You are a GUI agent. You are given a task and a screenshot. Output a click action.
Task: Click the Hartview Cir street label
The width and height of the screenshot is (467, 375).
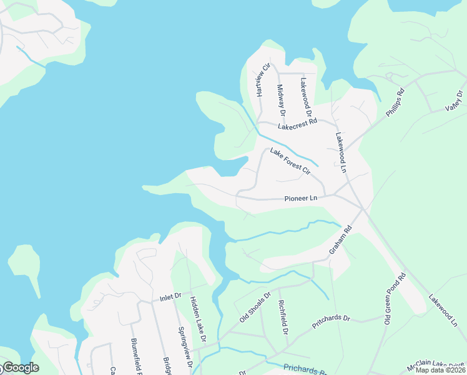tap(263, 79)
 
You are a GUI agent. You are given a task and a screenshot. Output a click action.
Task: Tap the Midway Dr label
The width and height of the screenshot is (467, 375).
tap(280, 101)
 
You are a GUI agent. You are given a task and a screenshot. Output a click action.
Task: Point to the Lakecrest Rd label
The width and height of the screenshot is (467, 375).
tap(298, 124)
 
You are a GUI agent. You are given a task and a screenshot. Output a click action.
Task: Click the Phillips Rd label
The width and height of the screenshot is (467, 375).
tap(396, 104)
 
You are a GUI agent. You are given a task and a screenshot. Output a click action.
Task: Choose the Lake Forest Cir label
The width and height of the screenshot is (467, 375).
tap(290, 160)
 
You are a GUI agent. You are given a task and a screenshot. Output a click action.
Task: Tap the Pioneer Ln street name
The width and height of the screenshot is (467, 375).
tap(301, 198)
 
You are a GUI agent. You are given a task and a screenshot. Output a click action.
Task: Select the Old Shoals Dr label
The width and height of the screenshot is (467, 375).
tap(255, 307)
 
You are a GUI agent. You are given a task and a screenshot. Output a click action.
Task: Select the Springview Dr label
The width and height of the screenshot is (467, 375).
tap(184, 347)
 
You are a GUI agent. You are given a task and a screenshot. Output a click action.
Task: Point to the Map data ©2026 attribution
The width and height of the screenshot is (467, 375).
tap(438, 370)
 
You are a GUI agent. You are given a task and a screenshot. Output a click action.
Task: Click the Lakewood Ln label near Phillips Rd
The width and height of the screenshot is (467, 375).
tap(341, 152)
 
